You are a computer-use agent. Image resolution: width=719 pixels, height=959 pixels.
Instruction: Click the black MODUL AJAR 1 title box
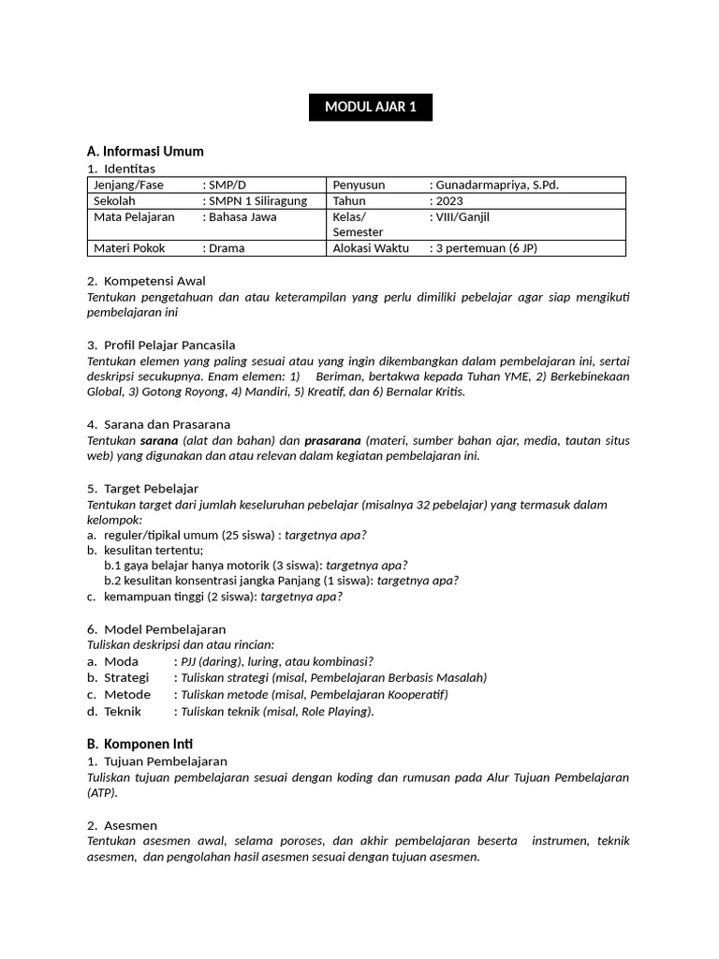[371, 107]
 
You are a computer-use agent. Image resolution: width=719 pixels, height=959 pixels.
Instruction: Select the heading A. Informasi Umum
[145, 151]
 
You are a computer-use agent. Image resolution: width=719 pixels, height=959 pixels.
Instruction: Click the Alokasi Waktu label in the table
[370, 248]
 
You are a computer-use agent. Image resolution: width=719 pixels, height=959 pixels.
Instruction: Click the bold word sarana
[158, 440]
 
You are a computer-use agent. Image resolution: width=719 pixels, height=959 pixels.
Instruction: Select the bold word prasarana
[332, 440]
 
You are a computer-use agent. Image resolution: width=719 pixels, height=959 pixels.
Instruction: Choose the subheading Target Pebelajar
[151, 488]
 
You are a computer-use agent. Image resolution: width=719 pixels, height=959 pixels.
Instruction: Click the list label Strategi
[126, 677]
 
